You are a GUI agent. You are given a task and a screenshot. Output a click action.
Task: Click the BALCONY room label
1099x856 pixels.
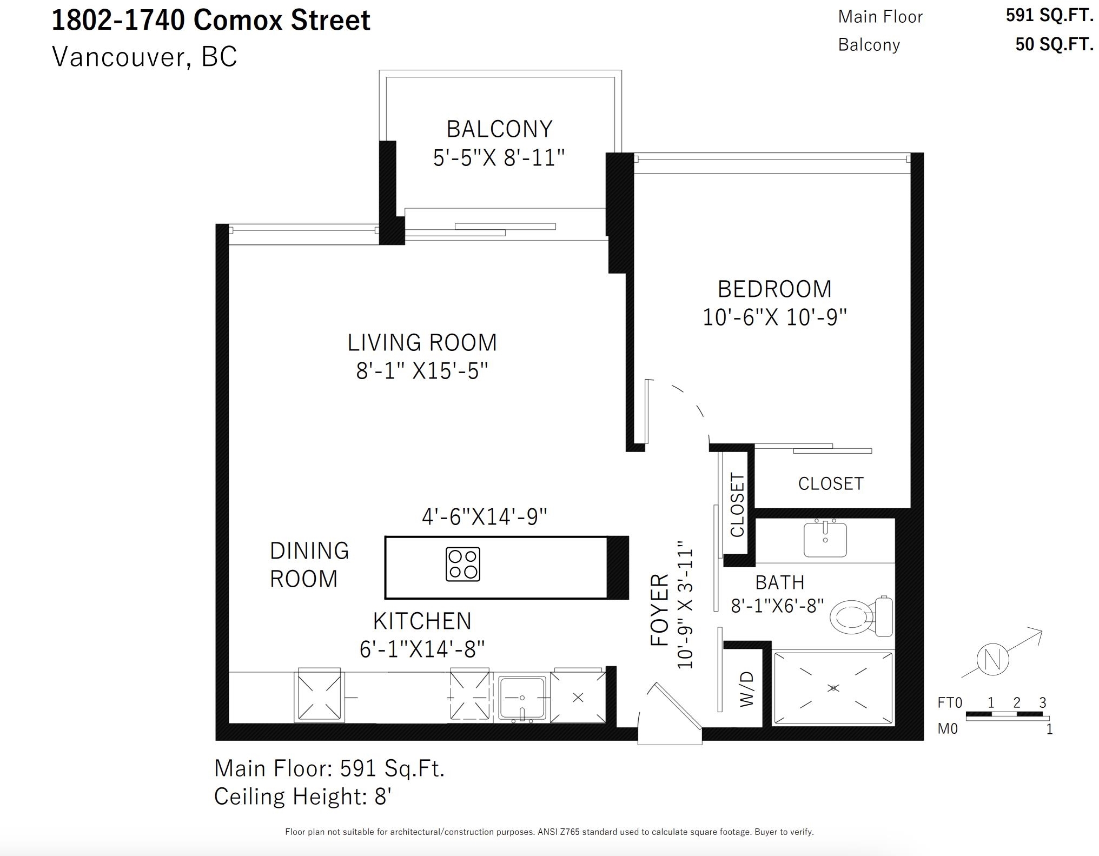pos(499,129)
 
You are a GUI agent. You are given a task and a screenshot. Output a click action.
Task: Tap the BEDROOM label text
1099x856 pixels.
pos(774,289)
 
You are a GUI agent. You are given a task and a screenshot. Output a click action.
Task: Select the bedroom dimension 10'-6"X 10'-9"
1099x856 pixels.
pos(774,317)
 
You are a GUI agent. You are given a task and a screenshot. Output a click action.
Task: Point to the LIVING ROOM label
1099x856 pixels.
pos(422,343)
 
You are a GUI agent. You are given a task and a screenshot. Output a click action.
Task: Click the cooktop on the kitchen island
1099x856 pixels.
pos(463,565)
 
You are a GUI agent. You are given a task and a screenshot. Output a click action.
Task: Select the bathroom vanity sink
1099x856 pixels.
pos(825,538)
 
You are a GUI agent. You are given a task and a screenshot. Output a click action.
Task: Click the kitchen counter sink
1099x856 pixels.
pos(522,698)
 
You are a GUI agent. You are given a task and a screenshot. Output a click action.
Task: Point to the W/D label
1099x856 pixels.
pos(746,688)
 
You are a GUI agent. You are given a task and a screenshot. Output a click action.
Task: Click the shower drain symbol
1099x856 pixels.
pos(833,688)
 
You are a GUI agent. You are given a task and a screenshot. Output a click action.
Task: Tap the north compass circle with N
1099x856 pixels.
pos(993,660)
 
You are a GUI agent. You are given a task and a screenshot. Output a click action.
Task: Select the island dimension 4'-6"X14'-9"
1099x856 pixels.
pos(485,517)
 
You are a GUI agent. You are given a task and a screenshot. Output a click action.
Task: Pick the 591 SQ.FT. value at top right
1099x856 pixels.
pos(1049,16)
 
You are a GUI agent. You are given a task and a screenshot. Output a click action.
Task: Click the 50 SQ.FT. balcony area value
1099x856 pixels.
pos(1054,44)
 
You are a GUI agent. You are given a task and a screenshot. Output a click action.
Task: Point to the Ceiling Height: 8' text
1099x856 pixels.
pos(303,797)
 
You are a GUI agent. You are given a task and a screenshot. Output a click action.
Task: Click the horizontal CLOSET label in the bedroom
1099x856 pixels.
pos(831,483)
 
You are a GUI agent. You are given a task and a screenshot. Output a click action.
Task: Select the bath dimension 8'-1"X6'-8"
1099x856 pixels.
pos(777,606)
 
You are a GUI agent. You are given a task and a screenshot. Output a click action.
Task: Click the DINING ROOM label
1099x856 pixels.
pos(309,565)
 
